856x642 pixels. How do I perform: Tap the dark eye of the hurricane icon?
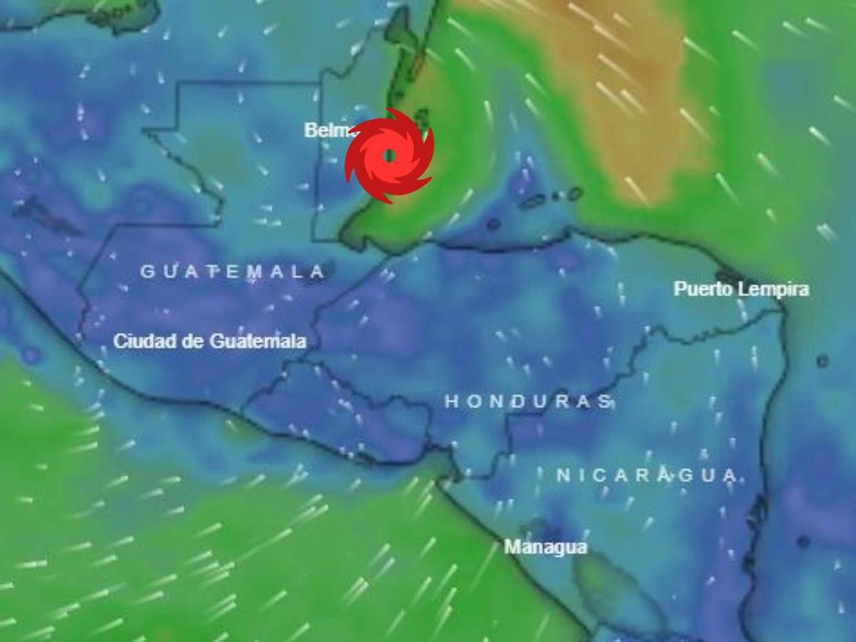[389, 156]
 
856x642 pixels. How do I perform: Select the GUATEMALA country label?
[233, 272]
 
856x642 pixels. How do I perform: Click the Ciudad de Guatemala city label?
[209, 341]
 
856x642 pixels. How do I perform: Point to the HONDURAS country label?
[529, 402]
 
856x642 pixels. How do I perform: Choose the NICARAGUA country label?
[647, 476]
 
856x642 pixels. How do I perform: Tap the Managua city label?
[545, 547]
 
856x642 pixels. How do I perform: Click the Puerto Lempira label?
[741, 289]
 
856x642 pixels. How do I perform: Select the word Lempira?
[773, 289]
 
